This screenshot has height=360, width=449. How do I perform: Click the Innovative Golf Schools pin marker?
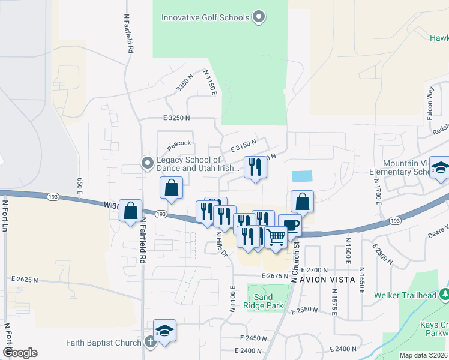click(259, 17)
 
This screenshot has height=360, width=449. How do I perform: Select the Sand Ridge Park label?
click(263, 301)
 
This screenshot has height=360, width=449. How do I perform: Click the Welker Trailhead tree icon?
click(445, 295)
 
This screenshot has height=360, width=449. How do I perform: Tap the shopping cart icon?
click(276, 237)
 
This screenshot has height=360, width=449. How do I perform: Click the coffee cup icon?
click(290, 225)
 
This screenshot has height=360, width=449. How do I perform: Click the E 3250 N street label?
click(176, 119)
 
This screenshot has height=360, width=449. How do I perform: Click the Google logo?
click(20, 353)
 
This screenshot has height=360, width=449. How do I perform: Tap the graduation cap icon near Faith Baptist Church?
click(164, 331)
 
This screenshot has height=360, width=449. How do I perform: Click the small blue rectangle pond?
click(302, 176)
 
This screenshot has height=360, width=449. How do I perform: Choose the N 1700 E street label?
click(378, 193)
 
